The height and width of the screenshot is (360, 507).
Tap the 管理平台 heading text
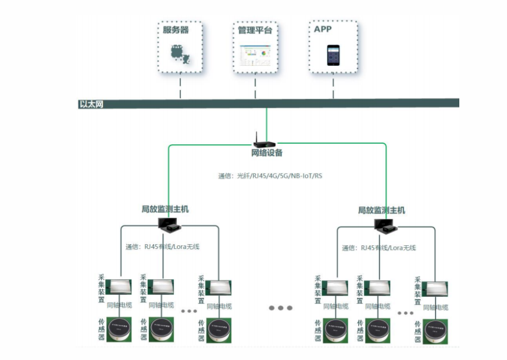click(x=255, y=30)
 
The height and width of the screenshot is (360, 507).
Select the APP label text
click(x=323, y=29)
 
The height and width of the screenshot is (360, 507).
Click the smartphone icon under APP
click(x=333, y=55)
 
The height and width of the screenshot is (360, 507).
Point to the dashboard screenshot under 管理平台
click(x=255, y=55)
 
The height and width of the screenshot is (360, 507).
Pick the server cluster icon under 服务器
click(x=180, y=54)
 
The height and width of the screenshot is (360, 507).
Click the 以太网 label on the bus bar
click(x=91, y=105)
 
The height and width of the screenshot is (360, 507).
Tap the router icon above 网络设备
click(x=265, y=141)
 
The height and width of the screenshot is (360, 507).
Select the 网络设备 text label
click(x=267, y=153)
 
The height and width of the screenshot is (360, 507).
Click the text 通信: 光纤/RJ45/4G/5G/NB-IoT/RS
click(x=270, y=176)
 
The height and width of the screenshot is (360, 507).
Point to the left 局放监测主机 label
click(x=165, y=209)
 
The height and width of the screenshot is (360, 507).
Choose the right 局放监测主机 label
click(x=381, y=210)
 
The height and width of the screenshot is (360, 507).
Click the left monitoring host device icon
click(x=171, y=224)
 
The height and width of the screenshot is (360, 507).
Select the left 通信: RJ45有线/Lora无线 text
click(x=162, y=247)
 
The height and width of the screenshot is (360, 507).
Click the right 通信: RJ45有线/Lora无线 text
click(x=379, y=248)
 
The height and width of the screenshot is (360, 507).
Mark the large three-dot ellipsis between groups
click(x=280, y=308)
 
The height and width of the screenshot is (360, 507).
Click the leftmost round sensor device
click(x=119, y=329)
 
